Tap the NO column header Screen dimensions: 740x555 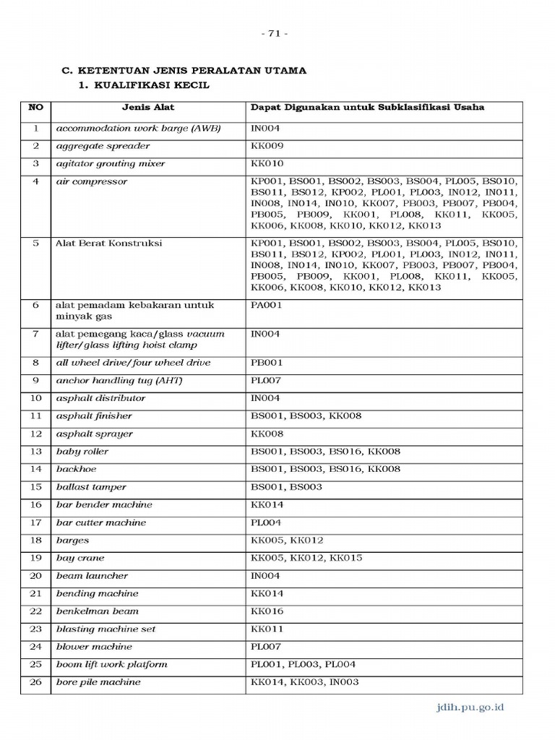click(x=35, y=108)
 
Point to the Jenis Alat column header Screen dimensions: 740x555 click(x=148, y=108)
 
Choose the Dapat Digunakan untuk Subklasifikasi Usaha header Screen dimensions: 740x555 click(x=367, y=108)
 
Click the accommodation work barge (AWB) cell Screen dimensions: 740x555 click(x=138, y=129)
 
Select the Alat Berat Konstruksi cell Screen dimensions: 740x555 click(x=109, y=244)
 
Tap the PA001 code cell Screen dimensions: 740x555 click(x=266, y=305)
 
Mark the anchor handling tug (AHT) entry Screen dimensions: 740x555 click(x=118, y=381)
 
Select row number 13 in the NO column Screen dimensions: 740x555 click(x=35, y=452)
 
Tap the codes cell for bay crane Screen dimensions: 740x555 click(x=306, y=558)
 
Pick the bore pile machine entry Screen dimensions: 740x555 click(x=98, y=682)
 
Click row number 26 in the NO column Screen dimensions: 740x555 click(x=35, y=682)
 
